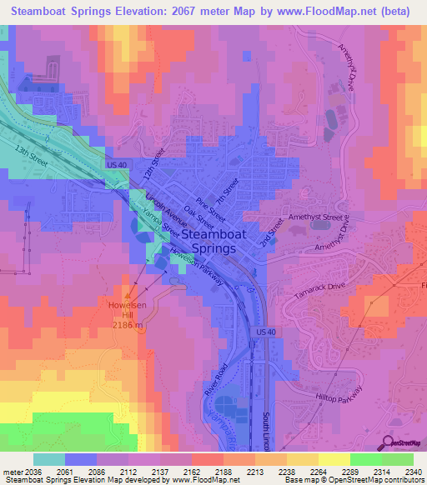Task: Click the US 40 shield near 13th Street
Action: pos(116,165)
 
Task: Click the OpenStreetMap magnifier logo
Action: pos(389,442)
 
